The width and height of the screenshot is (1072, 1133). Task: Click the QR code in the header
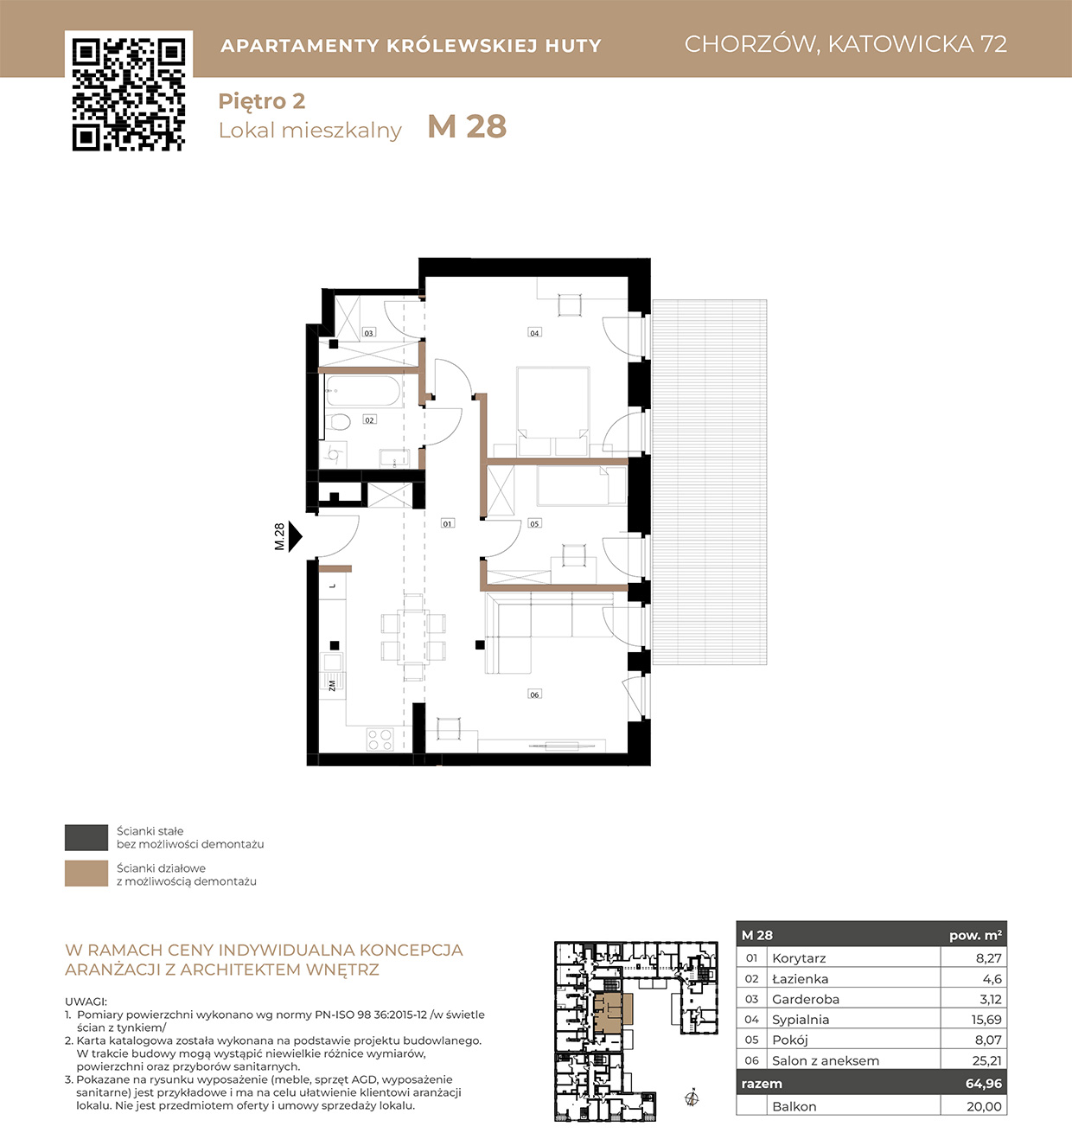129,94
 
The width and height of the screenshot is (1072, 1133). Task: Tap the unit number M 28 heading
467,126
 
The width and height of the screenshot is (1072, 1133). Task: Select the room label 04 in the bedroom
534,332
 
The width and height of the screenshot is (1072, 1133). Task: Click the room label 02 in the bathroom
369,419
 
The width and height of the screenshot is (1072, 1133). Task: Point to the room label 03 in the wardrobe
368,332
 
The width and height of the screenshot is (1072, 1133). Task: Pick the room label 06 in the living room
534,695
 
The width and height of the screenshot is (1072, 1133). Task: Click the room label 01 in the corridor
447,523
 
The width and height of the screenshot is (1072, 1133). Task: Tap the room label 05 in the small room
534,523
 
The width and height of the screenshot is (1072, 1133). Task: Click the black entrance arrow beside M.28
295,536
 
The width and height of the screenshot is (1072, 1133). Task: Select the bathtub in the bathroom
363,391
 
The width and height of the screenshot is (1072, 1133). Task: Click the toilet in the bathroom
340,422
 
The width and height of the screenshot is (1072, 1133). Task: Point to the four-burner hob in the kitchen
380,739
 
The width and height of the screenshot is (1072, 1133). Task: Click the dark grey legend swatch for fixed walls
86,837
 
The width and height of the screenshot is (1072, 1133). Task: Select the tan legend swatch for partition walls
86,874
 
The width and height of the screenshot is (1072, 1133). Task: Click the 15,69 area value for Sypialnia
986,1020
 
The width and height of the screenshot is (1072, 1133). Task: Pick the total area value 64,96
984,1084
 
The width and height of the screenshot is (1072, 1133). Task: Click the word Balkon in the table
794,1106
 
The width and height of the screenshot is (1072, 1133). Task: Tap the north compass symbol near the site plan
692,1098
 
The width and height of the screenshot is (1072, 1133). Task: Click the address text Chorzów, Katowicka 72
845,44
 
